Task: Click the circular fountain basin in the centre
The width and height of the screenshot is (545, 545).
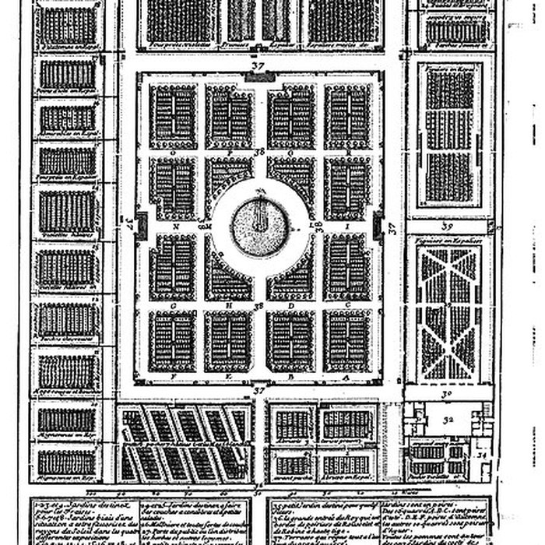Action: point(259,227)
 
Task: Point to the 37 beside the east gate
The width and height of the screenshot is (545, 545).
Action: point(392,228)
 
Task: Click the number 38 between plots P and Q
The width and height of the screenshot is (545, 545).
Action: point(259,152)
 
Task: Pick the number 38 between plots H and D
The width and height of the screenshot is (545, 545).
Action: point(259,306)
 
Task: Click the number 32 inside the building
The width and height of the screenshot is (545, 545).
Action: point(448,423)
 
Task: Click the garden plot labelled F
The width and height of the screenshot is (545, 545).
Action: point(172,341)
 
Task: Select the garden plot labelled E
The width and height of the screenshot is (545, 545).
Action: point(229,341)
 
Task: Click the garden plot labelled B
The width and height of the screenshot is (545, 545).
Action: point(290,341)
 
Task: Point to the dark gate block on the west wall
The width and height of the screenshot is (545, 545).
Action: point(141,226)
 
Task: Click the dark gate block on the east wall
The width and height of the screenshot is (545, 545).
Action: point(378,226)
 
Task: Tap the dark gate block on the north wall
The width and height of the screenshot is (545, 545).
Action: point(259,77)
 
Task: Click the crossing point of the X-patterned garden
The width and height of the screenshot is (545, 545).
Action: point(449,305)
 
